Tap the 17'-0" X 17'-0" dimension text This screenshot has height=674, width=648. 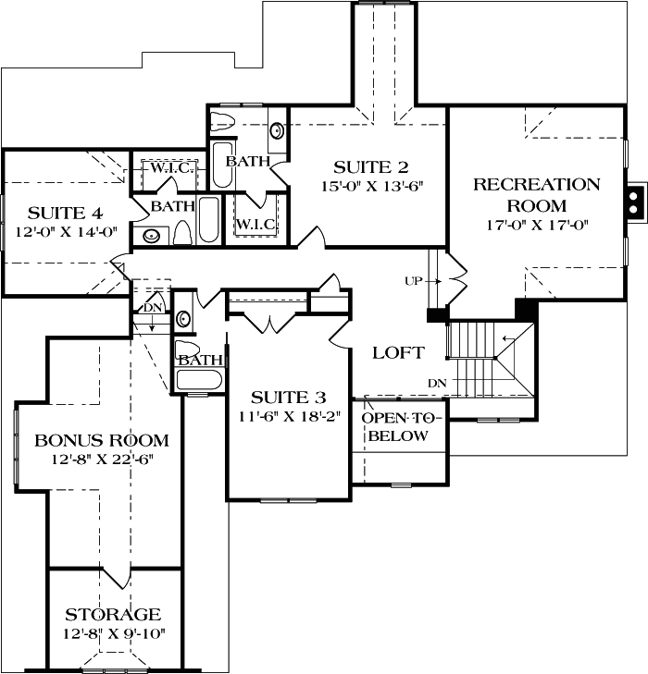coord(537,225)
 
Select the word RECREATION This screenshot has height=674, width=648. coord(537,184)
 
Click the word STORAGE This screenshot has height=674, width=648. coord(113,615)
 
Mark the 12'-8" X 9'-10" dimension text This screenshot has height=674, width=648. coord(113,634)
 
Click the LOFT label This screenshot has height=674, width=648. coord(398,352)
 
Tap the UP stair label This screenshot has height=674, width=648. coord(415,279)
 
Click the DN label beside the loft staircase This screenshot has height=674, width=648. coord(437,382)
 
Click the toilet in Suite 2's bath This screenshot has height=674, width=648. coord(223,120)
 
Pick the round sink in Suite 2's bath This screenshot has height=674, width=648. coord(276,130)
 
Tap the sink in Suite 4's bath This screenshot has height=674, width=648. coord(152,236)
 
